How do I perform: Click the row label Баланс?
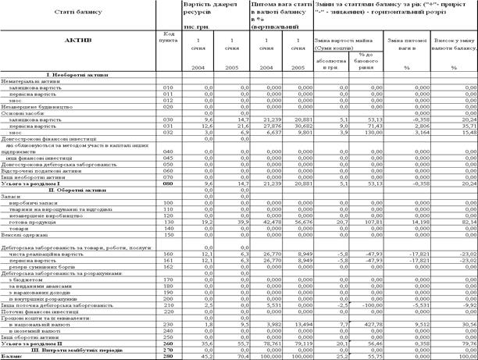coord(12,355)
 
